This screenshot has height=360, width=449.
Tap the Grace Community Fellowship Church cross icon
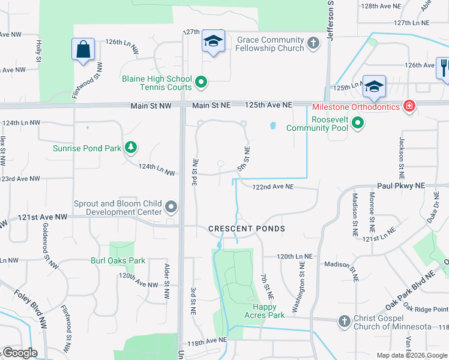[x=313, y=43]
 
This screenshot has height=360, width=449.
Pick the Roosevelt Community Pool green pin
[x=358, y=124]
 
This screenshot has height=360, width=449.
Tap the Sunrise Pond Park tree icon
[x=130, y=148]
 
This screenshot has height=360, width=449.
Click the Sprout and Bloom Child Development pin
[x=172, y=208]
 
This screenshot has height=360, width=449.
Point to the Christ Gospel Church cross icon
[x=344, y=322]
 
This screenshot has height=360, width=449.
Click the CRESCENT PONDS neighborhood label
[x=247, y=229]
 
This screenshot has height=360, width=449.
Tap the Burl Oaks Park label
[x=118, y=260]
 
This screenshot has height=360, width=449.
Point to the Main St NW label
[x=151, y=106]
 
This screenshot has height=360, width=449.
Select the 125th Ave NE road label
[x=268, y=105]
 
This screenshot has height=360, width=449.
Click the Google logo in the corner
[x=19, y=353]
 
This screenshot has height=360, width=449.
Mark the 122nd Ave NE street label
[x=273, y=187]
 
